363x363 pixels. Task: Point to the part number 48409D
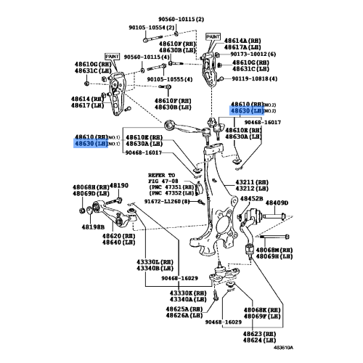tap(276, 203)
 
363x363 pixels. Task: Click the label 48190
tap(118, 186)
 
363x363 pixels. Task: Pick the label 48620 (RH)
tap(116, 236)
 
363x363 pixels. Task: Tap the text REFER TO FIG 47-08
tap(161, 179)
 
